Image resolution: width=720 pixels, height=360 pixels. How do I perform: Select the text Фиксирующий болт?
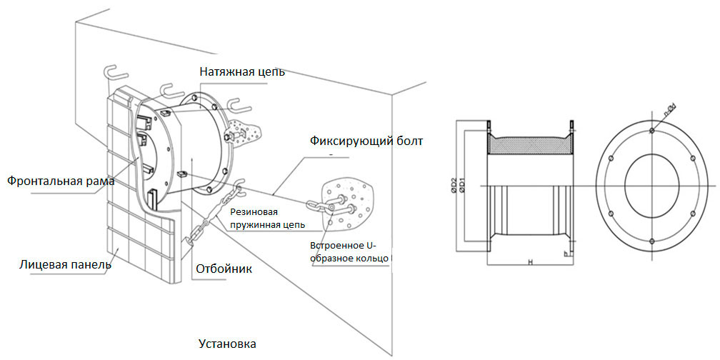click(x=366, y=141)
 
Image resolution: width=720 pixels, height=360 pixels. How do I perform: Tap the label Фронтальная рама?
click(x=61, y=181)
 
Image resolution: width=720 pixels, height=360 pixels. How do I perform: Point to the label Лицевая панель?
click(x=65, y=265)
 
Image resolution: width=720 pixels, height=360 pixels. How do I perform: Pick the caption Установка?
click(x=227, y=344)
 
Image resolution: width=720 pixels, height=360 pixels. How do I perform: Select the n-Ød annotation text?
click(x=669, y=112)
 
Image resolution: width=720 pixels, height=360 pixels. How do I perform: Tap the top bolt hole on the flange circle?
click(x=651, y=130)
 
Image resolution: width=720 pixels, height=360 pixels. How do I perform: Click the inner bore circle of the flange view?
click(x=651, y=186)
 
